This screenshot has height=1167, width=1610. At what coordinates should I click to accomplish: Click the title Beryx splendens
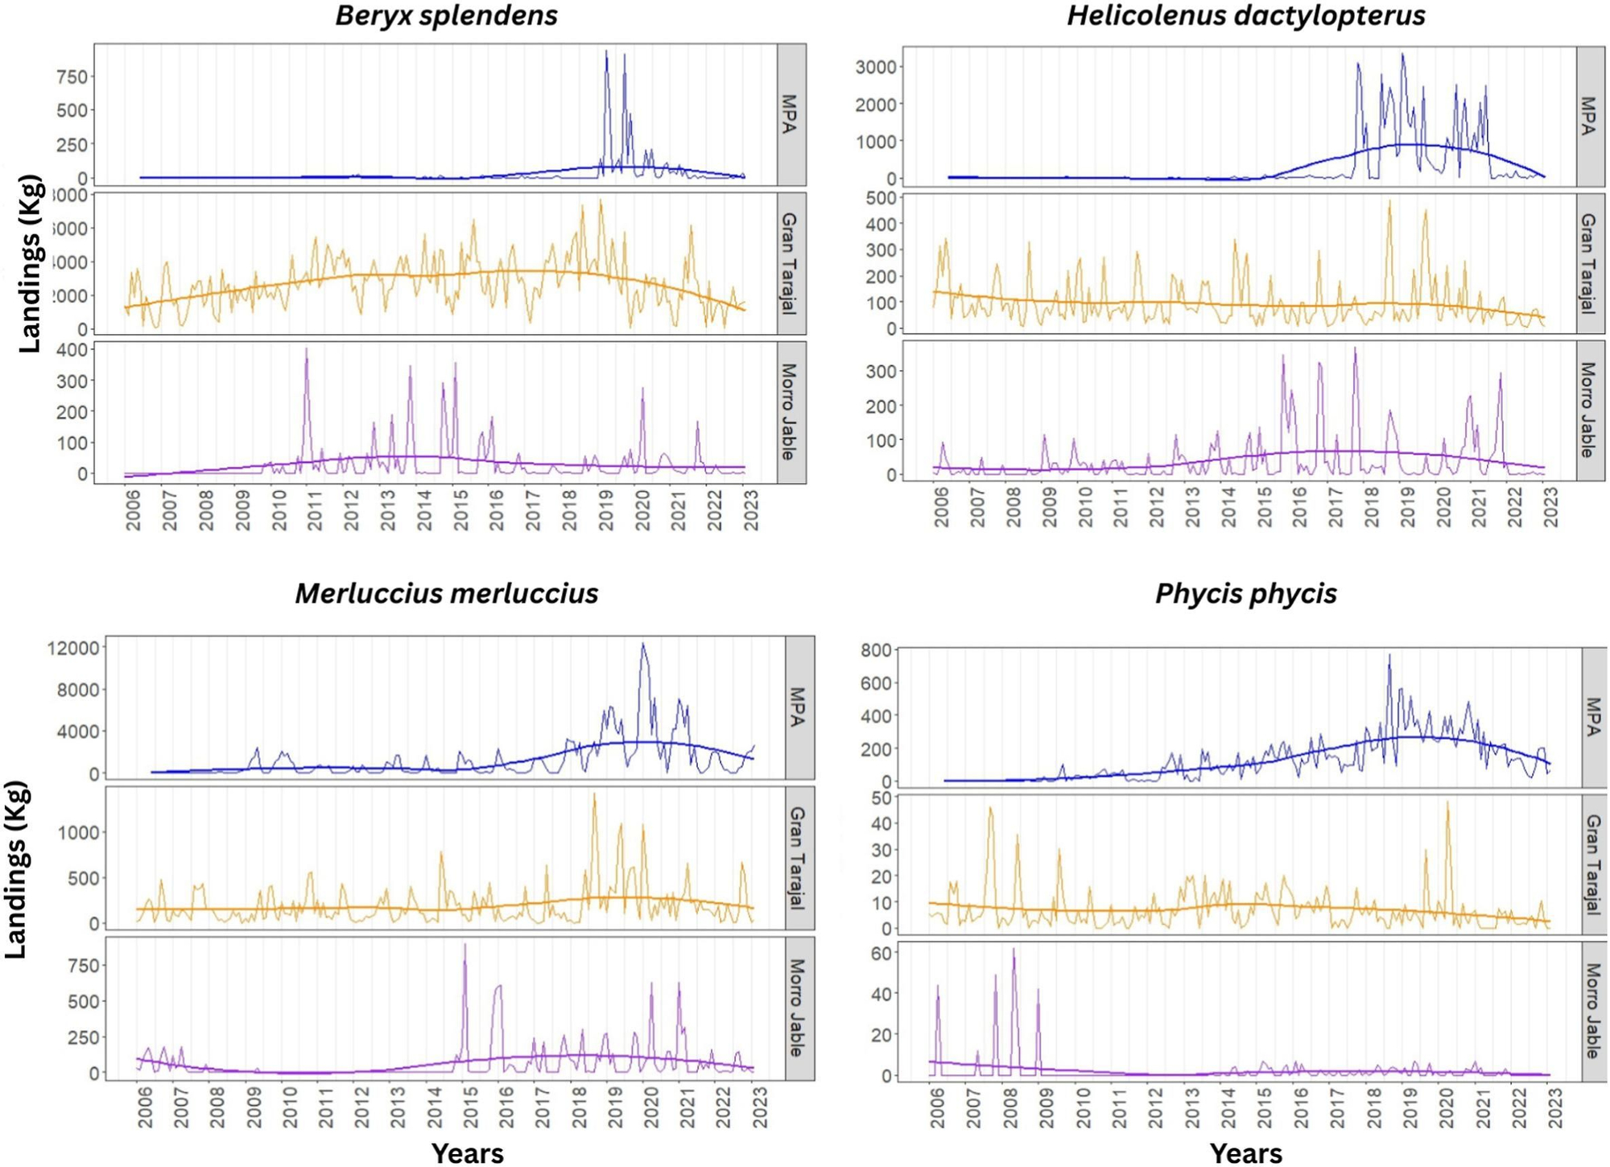pyautogui.click(x=446, y=15)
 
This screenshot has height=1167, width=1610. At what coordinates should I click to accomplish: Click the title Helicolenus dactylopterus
pyautogui.click(x=1245, y=15)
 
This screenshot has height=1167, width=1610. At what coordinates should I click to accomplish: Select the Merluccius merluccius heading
pyautogui.click(x=446, y=593)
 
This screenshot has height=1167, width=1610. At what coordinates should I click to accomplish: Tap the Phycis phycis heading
pyautogui.click(x=1245, y=593)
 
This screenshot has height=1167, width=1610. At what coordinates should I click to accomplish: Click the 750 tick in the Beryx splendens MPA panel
pyautogui.click(x=72, y=77)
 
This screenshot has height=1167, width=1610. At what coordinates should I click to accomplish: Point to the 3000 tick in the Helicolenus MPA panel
pyautogui.click(x=875, y=67)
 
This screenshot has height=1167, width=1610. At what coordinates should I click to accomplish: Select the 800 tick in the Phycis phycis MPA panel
pyautogui.click(x=876, y=650)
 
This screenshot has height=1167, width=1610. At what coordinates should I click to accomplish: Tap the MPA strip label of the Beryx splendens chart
pyautogui.click(x=790, y=114)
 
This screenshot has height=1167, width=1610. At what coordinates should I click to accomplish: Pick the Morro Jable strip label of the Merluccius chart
pyautogui.click(x=798, y=1008)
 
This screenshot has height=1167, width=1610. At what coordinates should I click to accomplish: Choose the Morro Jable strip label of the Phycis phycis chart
pyautogui.click(x=1594, y=1011)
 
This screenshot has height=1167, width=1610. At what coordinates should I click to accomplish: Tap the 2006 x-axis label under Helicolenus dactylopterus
pyautogui.click(x=941, y=507)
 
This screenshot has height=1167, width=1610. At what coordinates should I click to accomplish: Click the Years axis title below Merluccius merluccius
pyautogui.click(x=467, y=1153)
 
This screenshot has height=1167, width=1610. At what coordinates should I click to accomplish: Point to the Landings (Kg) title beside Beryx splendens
pyautogui.click(x=29, y=263)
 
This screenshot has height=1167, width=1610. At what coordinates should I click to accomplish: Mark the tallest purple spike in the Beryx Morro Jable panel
pyautogui.click(x=307, y=349)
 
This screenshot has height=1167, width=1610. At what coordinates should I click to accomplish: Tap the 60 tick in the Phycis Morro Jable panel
pyautogui.click(x=881, y=954)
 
